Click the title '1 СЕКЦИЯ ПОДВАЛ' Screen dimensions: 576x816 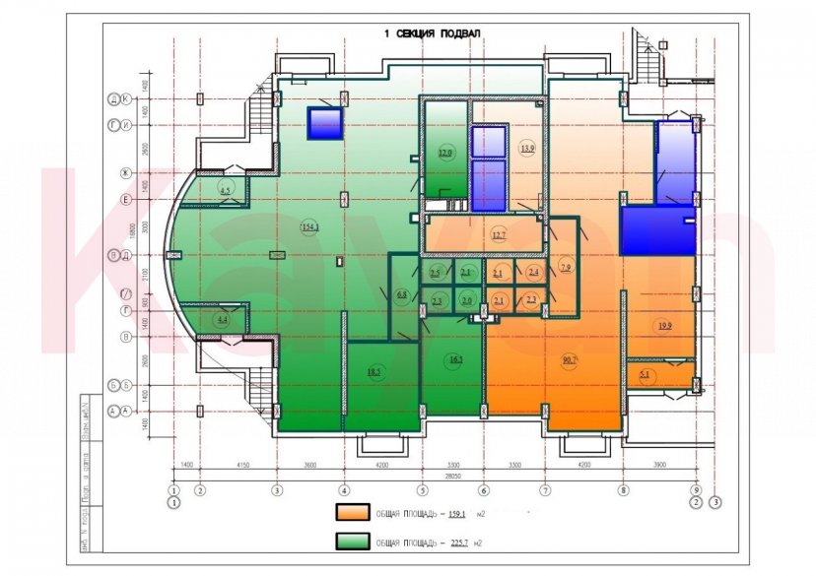point(433,33)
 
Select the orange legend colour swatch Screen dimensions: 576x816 point(352,513)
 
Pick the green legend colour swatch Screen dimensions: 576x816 point(352,543)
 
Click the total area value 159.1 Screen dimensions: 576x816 point(459,513)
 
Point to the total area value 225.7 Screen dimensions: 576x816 point(459,543)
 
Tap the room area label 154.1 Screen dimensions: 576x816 point(310,227)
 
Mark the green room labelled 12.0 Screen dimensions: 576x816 point(445,153)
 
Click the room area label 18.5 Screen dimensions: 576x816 point(374,371)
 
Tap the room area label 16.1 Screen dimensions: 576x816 point(455,360)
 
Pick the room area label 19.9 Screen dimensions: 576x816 point(662,326)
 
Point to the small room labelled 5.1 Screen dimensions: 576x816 point(646,374)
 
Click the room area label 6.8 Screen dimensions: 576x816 point(401,294)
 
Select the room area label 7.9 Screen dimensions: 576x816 point(565,268)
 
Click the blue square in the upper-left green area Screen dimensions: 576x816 point(324,123)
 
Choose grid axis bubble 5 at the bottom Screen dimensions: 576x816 point(423,489)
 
